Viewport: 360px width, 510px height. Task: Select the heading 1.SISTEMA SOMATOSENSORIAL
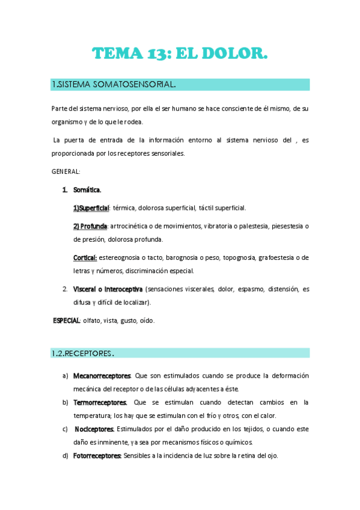[x=114, y=84]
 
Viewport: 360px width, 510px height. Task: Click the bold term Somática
[x=87, y=190]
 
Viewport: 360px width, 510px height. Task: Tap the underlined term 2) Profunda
[x=90, y=226]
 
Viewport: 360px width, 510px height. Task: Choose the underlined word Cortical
[x=85, y=257]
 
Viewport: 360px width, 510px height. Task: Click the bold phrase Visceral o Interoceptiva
[x=108, y=289]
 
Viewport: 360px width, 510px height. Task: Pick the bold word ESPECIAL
[x=67, y=321]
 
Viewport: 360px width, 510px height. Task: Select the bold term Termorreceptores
[x=100, y=402]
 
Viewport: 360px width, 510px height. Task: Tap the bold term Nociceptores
[x=94, y=429]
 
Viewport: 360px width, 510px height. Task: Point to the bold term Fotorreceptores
[x=97, y=456]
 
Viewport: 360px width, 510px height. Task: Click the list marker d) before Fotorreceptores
[x=65, y=456]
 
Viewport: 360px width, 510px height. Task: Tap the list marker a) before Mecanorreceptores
[x=65, y=376]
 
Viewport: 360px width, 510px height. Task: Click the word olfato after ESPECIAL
[x=93, y=321]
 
